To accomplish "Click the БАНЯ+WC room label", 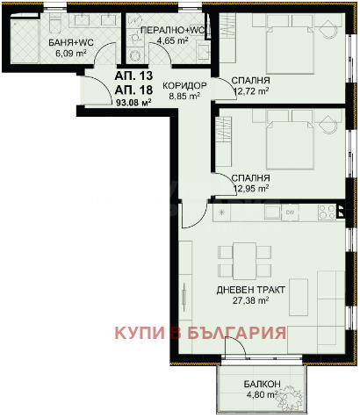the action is (x=71, y=43).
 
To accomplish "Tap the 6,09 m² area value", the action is (x=71, y=54).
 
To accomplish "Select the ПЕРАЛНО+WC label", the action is (x=174, y=31).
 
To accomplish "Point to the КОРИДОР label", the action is (x=184, y=85).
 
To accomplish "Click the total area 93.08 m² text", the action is (x=133, y=102).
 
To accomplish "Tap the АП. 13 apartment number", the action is (x=133, y=76).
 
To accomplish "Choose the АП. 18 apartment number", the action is (x=133, y=90).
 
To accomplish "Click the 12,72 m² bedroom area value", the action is (x=252, y=91).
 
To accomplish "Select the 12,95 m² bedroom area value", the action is (x=252, y=189).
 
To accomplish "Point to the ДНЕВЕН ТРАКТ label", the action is (x=251, y=290).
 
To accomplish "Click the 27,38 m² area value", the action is (x=251, y=300).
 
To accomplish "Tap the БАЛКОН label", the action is (x=263, y=384).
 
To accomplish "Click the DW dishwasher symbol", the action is (x=290, y=212).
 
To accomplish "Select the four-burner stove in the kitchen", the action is (x=328, y=212).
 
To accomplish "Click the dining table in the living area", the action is (x=244, y=261).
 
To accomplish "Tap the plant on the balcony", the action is (x=290, y=395).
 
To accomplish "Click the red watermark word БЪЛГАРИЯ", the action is (x=236, y=333).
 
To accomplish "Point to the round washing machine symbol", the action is (x=135, y=54).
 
